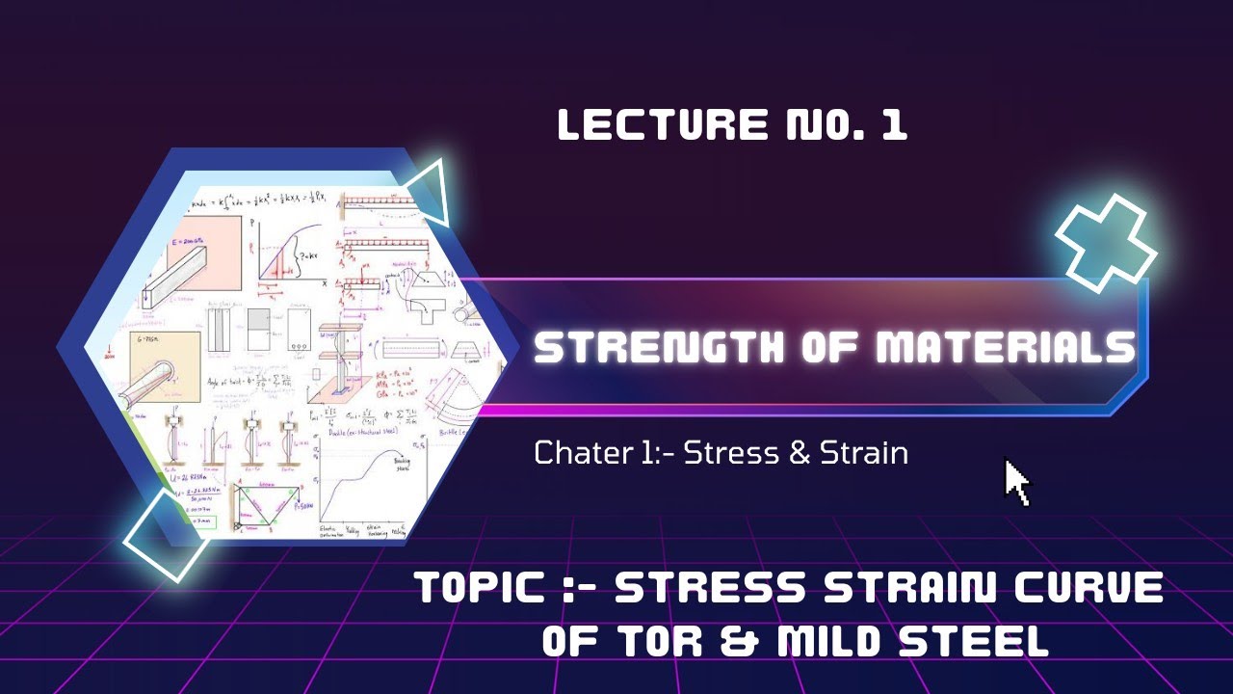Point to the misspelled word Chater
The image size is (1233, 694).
click(x=577, y=452)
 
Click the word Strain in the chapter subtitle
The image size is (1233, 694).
click(x=864, y=452)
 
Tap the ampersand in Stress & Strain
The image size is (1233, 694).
click(x=800, y=452)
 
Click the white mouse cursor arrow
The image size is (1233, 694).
click(x=1016, y=482)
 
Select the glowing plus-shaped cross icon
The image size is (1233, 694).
click(x=1105, y=240)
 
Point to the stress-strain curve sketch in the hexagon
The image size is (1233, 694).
click(x=361, y=487)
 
